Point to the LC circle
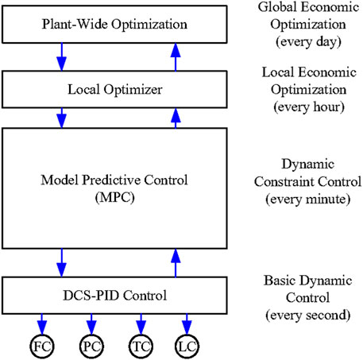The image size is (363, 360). click(187, 346)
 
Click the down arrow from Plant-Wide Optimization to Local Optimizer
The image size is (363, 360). click(62, 58)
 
